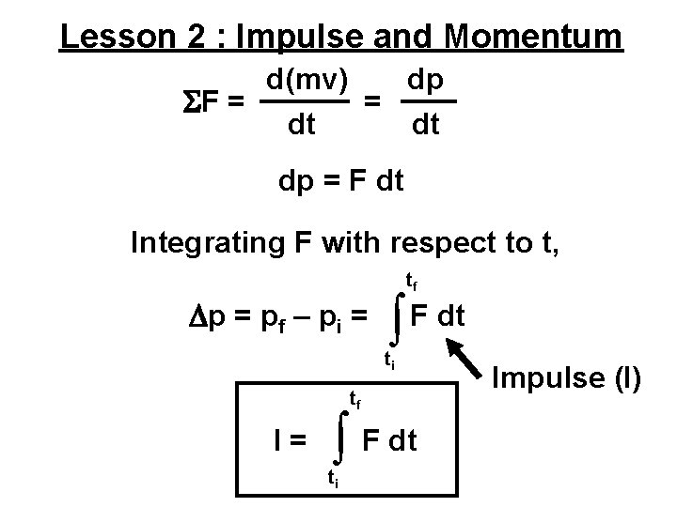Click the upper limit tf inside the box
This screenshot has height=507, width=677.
(x=356, y=401)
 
